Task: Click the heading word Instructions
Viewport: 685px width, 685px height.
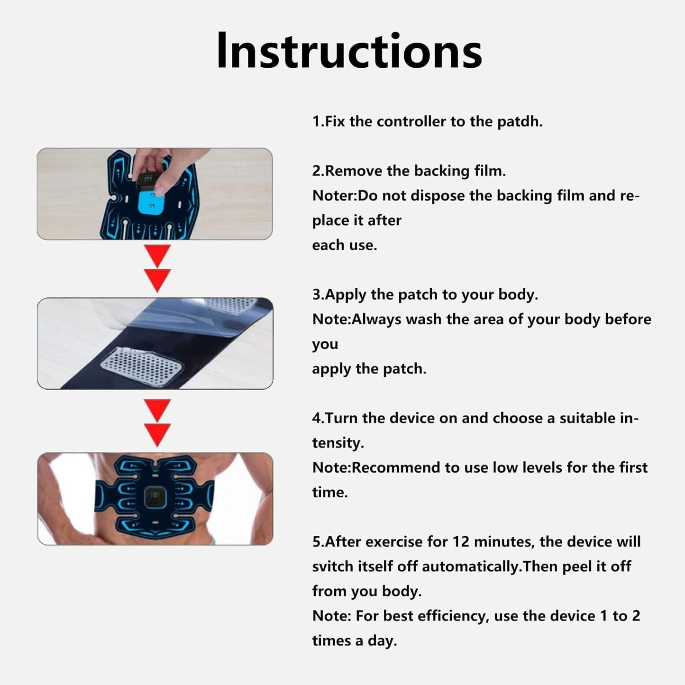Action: (x=349, y=51)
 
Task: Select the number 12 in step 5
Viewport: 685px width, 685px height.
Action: (x=461, y=542)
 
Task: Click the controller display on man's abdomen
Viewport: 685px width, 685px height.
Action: (x=155, y=497)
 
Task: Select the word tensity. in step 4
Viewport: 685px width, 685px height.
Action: (x=338, y=443)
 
